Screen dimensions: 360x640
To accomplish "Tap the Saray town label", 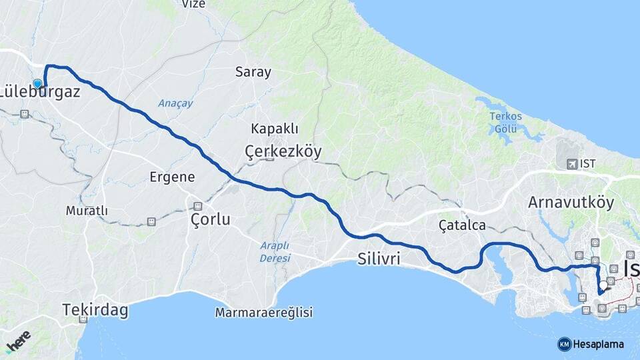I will pyautogui.click(x=253, y=73).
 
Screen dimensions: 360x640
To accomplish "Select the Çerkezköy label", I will pyautogui.click(x=283, y=151).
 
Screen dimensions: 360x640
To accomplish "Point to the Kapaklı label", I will pyautogui.click(x=275, y=129).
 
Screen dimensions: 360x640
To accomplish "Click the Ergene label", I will pyautogui.click(x=172, y=177).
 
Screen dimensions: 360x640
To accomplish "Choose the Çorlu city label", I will pyautogui.click(x=210, y=219).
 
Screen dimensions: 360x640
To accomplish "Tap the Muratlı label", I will pyautogui.click(x=87, y=211).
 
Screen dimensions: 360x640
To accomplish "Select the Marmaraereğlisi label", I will pyautogui.click(x=264, y=312).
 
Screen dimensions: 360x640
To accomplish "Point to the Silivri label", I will pyautogui.click(x=379, y=258).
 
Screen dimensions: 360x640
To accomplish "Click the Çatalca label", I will pyautogui.click(x=462, y=225).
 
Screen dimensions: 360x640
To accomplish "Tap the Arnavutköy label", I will pyautogui.click(x=571, y=202).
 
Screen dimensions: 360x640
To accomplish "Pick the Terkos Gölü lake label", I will pyautogui.click(x=506, y=122).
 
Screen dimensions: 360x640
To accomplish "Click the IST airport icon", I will pyautogui.click(x=571, y=164).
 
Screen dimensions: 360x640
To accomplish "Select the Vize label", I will pyautogui.click(x=193, y=4).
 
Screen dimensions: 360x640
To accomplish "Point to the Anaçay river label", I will pyautogui.click(x=175, y=103).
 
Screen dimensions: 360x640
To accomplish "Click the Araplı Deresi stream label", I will pyautogui.click(x=275, y=251).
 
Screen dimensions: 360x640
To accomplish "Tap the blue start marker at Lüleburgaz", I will pyautogui.click(x=37, y=83).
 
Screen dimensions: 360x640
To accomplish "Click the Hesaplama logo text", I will pyautogui.click(x=597, y=345).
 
